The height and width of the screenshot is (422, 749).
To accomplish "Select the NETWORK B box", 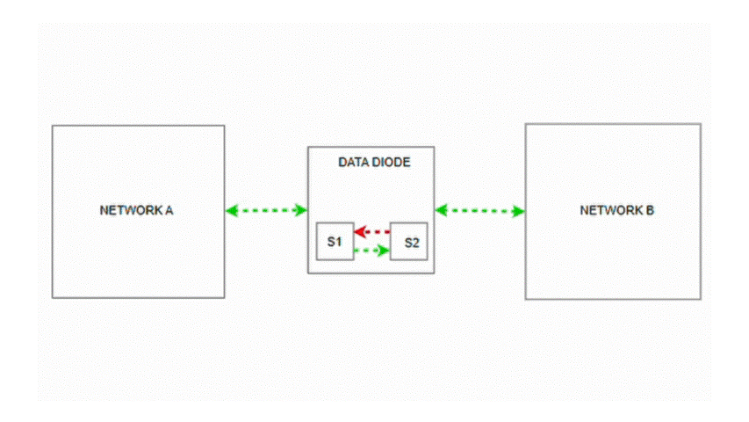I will pos(612,255).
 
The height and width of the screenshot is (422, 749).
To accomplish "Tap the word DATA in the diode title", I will pos(354,163).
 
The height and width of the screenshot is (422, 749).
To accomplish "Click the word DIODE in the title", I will pos(391,163).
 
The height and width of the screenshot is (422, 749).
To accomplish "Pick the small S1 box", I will pos(335,242).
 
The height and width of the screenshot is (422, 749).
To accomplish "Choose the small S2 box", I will pos(410,243).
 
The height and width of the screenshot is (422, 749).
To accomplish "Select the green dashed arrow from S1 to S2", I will pos(371,251).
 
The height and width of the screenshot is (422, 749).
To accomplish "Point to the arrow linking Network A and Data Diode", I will pos(266,210).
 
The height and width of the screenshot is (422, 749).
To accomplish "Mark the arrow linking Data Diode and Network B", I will pos(479,210).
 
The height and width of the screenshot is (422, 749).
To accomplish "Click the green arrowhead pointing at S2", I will pos(383,251).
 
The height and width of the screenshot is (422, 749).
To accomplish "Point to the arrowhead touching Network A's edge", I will pos(232,210).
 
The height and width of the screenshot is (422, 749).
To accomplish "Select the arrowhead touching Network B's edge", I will pos(518,210).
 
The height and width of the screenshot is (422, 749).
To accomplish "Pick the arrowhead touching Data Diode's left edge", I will pos(300,210).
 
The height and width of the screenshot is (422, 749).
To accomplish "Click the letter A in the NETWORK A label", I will pos(172,211).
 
